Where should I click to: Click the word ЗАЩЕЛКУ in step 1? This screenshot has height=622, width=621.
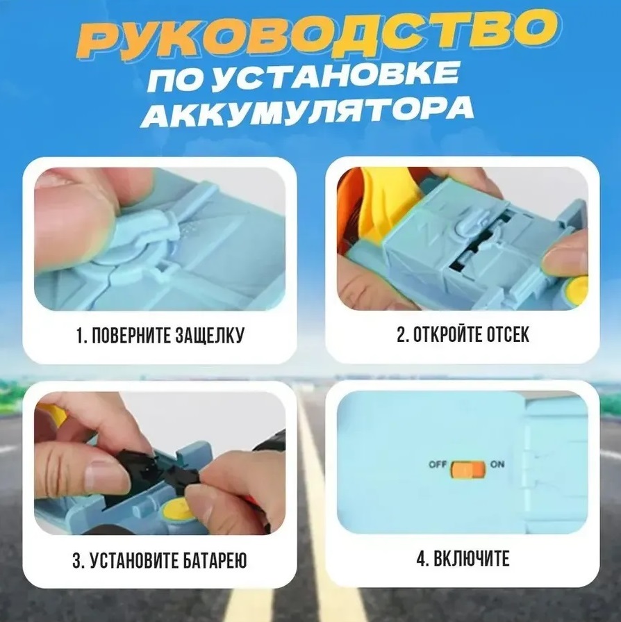[x=210, y=335]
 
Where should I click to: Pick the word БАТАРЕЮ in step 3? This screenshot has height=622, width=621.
[x=216, y=561]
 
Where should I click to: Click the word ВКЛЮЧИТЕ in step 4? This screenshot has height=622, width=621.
[x=471, y=559]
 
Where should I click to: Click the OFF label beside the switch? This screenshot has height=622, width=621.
[x=438, y=464]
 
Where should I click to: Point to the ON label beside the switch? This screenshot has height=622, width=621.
[x=497, y=464]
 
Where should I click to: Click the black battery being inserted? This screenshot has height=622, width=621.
[x=158, y=466]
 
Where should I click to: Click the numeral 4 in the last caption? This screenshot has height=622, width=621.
[x=420, y=559]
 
